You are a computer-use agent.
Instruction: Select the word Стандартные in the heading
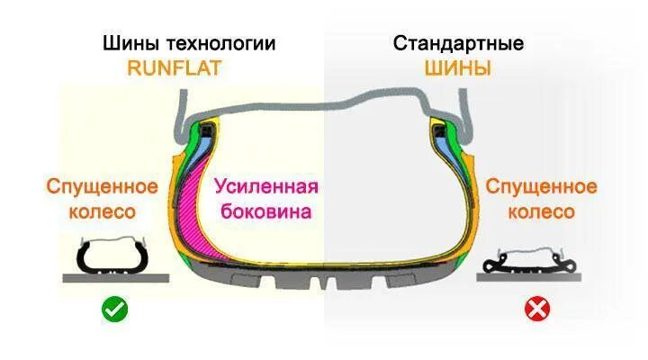[x=459, y=43]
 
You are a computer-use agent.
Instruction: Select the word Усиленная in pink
[x=266, y=187]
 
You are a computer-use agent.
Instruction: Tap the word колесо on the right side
[x=541, y=212]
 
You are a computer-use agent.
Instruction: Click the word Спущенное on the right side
[x=541, y=187]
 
